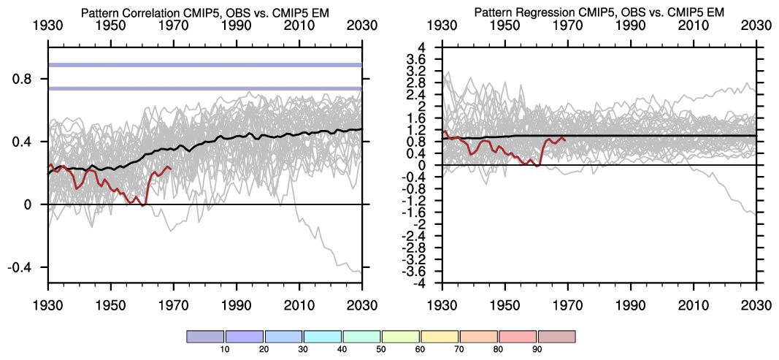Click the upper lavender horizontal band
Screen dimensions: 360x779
[204, 65]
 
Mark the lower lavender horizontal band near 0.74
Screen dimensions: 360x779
[204, 89]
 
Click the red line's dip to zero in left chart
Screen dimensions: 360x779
[143, 204]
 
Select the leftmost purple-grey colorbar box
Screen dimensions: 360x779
[206, 336]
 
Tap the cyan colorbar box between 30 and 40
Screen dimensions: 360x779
[323, 336]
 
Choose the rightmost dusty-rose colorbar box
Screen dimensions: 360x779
[556, 336]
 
